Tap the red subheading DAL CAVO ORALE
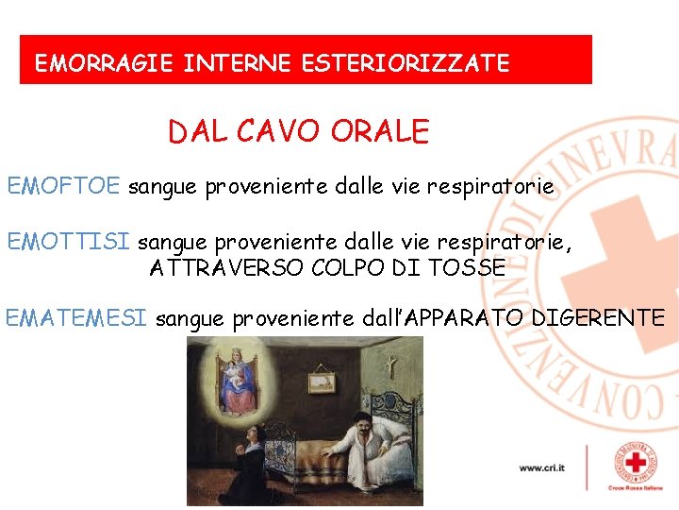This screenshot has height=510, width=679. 298,131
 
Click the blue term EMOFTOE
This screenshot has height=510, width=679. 64,186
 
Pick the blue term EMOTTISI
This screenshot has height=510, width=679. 68,243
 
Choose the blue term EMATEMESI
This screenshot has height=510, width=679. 76,318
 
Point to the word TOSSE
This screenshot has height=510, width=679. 467,268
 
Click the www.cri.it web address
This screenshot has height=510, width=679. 541,467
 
